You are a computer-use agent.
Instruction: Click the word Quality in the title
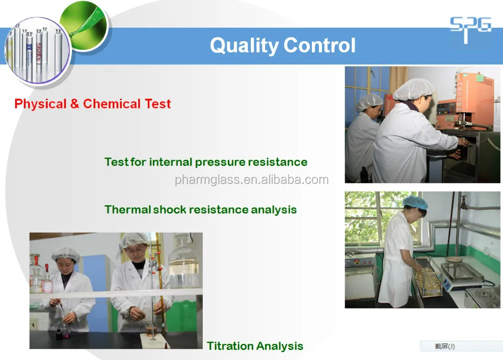244,46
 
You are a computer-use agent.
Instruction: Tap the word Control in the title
319,45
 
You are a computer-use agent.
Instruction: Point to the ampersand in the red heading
74,104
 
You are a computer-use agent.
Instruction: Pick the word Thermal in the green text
128,209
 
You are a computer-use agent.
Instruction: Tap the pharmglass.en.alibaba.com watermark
251,180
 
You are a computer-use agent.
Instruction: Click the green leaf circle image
84,26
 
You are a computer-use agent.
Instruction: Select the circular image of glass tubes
37,50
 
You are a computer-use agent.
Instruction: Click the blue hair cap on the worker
415,203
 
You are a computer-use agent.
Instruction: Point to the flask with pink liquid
65,330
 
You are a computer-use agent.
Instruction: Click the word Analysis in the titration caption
280,346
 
